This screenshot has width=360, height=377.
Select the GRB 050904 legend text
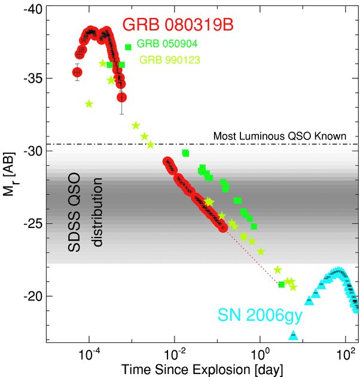click(167, 44)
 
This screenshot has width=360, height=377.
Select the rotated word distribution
click(96, 212)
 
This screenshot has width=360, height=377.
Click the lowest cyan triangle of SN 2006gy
click(293, 336)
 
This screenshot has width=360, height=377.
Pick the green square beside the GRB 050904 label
click(128, 47)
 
